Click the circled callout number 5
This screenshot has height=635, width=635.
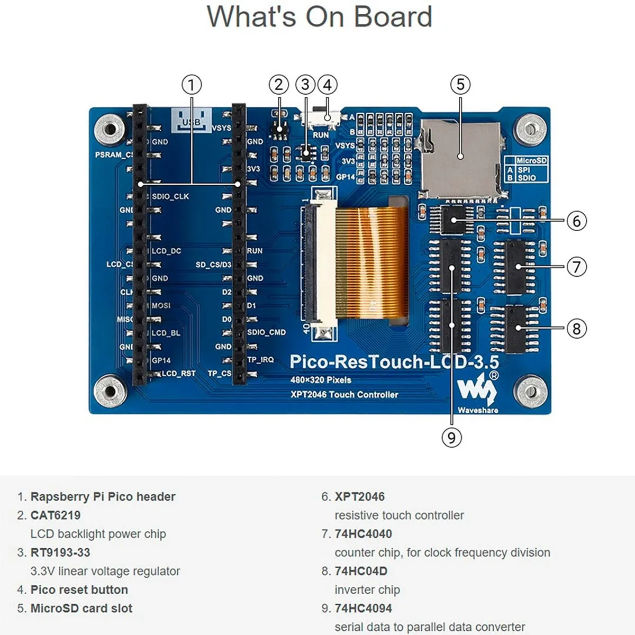pyautogui.click(x=460, y=85)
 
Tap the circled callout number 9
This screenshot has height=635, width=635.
pyautogui.click(x=451, y=437)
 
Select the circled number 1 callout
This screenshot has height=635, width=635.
pyautogui.click(x=192, y=85)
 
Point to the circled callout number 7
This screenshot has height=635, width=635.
pyautogui.click(x=576, y=266)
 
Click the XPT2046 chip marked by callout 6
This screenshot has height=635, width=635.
pyautogui.click(x=453, y=220)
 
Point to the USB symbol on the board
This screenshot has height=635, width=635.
pyautogui.click(x=192, y=121)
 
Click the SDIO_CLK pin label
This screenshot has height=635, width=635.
pyautogui.click(x=170, y=196)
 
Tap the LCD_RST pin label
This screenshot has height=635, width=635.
pyautogui.click(x=178, y=374)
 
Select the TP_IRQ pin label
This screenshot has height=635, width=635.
pyautogui.click(x=260, y=360)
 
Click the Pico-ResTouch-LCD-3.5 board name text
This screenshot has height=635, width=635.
pyautogui.click(x=394, y=362)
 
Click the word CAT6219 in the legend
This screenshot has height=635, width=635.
pyautogui.click(x=56, y=515)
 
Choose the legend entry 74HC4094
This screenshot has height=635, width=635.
pyautogui.click(x=363, y=609)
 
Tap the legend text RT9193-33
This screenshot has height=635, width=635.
pyautogui.click(x=60, y=552)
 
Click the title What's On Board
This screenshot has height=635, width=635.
pyautogui.click(x=319, y=17)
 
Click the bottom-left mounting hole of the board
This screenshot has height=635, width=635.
pyautogui.click(x=110, y=392)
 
